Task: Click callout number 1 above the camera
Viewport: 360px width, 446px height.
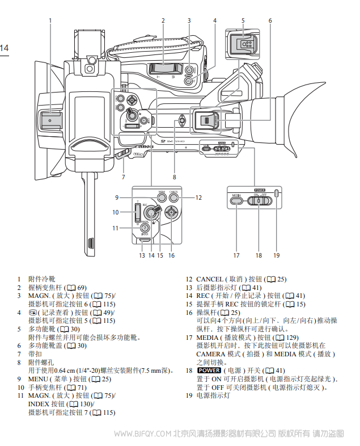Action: click(x=50, y=20)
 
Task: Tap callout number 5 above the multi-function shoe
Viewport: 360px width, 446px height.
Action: click(x=243, y=20)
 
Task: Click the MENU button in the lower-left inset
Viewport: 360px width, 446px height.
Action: click(x=162, y=198)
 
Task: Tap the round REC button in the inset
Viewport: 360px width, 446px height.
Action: click(x=151, y=212)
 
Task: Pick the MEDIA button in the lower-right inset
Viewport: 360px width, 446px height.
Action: click(x=236, y=200)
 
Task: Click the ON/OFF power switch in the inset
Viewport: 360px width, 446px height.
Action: click(x=259, y=200)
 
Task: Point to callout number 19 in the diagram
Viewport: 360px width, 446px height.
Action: click(x=277, y=256)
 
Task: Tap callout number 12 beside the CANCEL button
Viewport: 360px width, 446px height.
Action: click(x=199, y=197)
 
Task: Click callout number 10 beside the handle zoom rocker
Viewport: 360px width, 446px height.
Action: click(x=115, y=212)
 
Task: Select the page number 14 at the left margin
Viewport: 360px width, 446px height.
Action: click(x=4, y=48)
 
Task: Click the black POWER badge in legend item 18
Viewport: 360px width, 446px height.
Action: click(x=207, y=371)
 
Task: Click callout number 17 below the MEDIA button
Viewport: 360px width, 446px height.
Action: click(x=236, y=256)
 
